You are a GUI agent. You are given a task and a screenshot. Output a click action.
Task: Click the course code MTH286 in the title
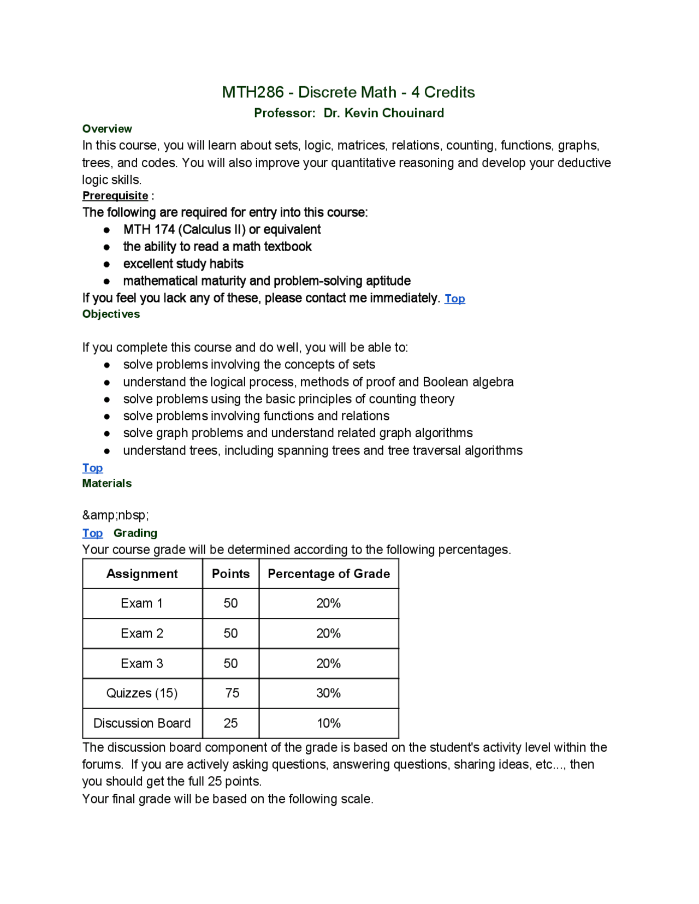(x=252, y=92)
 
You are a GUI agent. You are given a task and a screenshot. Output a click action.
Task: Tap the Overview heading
(x=107, y=129)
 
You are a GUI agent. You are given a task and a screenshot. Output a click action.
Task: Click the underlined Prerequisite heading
(x=115, y=196)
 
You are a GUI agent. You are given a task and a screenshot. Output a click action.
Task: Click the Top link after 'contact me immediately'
(x=454, y=299)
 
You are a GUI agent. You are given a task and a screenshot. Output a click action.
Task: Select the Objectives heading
(x=111, y=314)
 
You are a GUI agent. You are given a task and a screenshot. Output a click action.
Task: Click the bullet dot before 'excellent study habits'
(x=107, y=265)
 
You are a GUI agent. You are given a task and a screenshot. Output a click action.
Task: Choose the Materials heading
(x=107, y=484)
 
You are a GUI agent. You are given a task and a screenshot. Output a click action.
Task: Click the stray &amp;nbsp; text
(x=115, y=515)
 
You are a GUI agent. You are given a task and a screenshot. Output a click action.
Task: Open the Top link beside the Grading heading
(x=92, y=533)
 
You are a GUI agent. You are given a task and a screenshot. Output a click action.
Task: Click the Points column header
(x=230, y=574)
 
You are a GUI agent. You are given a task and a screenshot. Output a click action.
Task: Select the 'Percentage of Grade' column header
(x=329, y=574)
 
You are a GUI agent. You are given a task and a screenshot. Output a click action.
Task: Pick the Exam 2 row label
(x=142, y=634)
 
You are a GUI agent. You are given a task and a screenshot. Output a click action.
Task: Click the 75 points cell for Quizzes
(x=232, y=693)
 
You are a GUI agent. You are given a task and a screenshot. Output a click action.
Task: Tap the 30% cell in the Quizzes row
(x=328, y=693)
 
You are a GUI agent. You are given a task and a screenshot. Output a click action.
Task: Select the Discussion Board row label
(x=142, y=723)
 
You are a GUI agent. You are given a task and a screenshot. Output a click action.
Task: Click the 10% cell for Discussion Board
(x=329, y=723)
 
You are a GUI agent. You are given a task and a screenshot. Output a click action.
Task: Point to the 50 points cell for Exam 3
(x=230, y=664)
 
